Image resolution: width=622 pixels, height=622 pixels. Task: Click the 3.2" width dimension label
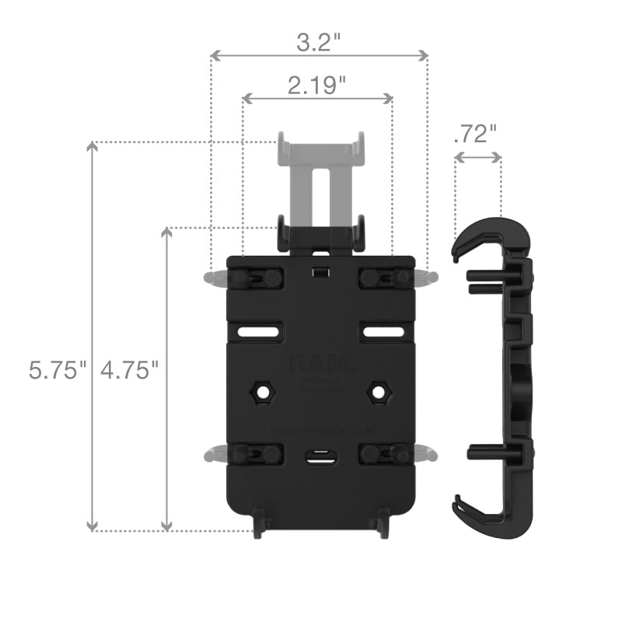pyautogui.click(x=319, y=40)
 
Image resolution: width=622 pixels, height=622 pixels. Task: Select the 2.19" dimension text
pyautogui.click(x=317, y=85)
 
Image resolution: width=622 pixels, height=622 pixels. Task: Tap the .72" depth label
pyautogui.click(x=474, y=134)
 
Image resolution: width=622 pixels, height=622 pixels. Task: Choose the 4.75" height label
pyautogui.click(x=129, y=370)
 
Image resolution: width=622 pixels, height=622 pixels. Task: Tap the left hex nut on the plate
pyautogui.click(x=259, y=391)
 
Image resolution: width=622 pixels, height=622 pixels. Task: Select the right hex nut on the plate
pyautogui.click(x=379, y=391)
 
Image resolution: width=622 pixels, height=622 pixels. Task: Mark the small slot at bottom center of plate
pyautogui.click(x=319, y=458)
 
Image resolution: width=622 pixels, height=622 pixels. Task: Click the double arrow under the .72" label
pyautogui.click(x=477, y=157)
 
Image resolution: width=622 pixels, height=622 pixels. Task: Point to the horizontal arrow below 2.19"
pyautogui.click(x=317, y=99)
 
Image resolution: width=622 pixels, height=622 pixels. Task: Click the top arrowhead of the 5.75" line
pyautogui.click(x=93, y=148)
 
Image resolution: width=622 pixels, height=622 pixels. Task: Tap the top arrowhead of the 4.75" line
pyautogui.click(x=166, y=233)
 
